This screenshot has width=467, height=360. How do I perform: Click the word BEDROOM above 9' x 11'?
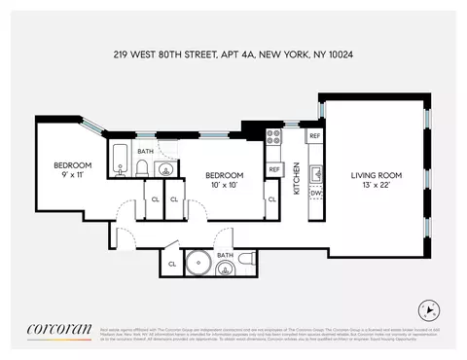coord(72,164)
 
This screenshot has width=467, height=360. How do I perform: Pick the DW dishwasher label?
coord(314,194)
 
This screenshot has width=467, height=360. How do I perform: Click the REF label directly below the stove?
coord(274,169)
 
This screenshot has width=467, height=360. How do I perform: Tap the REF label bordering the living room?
coord(314,135)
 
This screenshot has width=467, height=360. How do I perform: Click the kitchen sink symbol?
coord(315,174)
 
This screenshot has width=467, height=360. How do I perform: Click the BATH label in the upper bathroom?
coord(145,152)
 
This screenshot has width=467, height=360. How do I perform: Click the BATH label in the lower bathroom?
coord(225,255)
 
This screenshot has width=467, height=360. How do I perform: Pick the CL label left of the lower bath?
coord(172,264)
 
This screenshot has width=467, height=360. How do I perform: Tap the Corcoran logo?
coord(59,326)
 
